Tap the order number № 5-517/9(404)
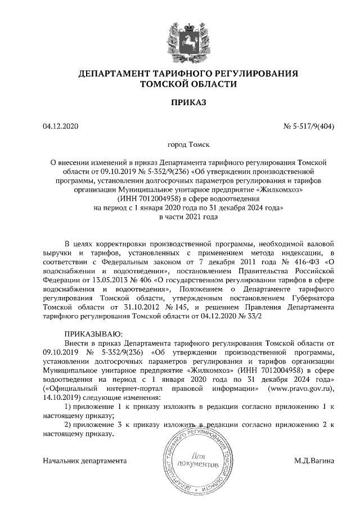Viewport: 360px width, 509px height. click(x=308, y=127)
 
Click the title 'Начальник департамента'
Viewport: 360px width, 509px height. click(x=84, y=461)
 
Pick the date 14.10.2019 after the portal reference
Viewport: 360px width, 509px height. click(x=60, y=398)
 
